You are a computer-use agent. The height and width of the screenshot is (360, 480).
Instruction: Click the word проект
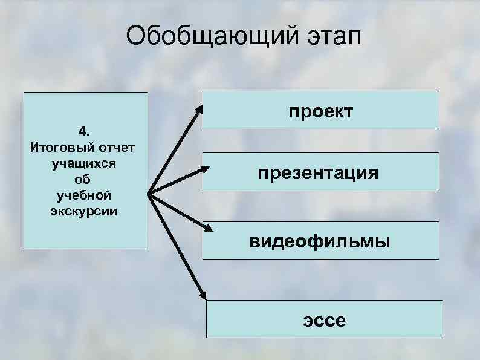pos(320,111)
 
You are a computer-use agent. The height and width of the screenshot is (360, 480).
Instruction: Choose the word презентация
pos(319,174)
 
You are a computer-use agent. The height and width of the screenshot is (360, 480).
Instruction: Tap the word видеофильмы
pos(321,242)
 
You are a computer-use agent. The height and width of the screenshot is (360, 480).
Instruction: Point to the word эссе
pos(325,319)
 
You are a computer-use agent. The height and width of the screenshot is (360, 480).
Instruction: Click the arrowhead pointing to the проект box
pos(199,109)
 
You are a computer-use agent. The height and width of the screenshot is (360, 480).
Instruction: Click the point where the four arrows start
pos(148,194)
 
